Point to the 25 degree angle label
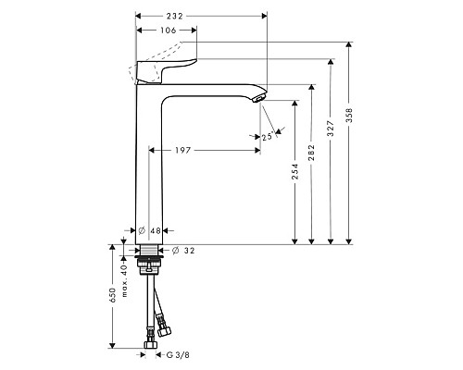coord(269,137)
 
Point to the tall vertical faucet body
coord(149,166)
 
